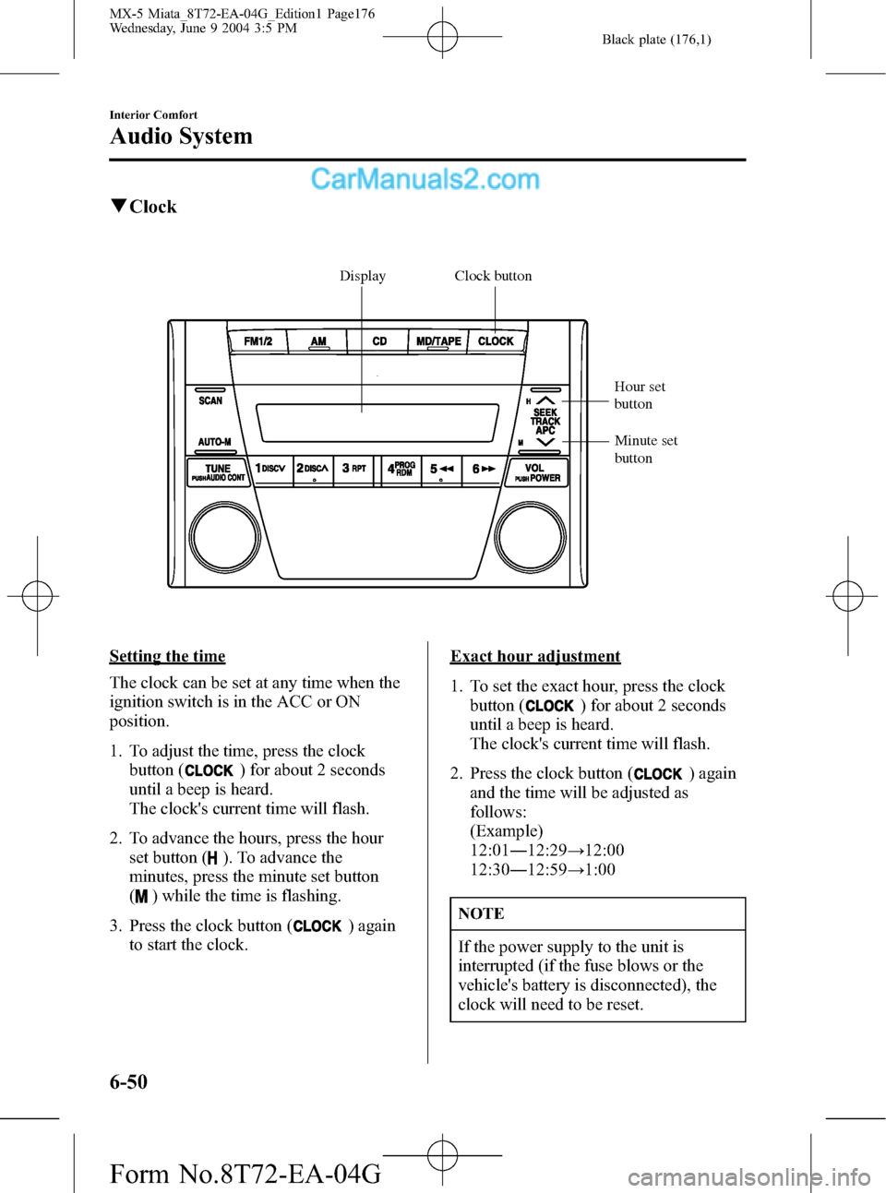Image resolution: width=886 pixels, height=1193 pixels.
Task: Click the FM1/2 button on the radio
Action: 257,341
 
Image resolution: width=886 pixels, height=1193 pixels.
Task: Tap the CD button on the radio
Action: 379,341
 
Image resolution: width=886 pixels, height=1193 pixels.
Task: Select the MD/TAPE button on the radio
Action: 438,341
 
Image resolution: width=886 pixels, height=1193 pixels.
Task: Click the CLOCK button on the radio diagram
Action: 496,341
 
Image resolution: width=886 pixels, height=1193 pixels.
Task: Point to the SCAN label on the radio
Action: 210,400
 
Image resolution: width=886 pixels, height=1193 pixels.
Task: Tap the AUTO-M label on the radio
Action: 214,442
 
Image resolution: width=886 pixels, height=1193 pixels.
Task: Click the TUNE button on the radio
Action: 219,472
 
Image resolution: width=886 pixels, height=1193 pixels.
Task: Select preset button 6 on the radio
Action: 484,470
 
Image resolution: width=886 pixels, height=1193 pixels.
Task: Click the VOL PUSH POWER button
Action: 537,472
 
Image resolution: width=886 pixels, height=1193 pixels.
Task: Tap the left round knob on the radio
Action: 224,536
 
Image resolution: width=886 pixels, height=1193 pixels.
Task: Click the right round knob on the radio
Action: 530,536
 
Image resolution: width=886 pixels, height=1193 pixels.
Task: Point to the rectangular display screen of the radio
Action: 377,423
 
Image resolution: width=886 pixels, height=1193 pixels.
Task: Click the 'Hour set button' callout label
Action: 640,395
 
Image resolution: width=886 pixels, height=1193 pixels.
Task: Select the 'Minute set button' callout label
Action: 645,449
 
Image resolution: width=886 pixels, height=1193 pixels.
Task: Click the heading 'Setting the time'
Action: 167,656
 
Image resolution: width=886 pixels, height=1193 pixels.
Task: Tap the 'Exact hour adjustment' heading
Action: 535,656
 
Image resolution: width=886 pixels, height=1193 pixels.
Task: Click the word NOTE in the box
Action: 481,913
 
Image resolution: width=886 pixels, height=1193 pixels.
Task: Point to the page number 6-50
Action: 128,1081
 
